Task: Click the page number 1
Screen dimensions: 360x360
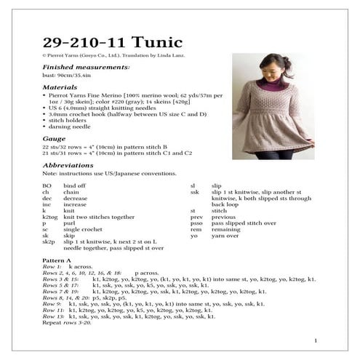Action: click(x=315, y=340)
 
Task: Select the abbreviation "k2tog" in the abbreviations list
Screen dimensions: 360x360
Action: click(x=50, y=217)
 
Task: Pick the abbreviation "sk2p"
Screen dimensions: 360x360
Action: click(x=49, y=241)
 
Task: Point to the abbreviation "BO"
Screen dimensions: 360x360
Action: click(x=47, y=186)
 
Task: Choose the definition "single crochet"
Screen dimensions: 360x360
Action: click(x=88, y=230)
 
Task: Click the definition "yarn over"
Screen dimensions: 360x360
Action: click(x=225, y=236)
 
